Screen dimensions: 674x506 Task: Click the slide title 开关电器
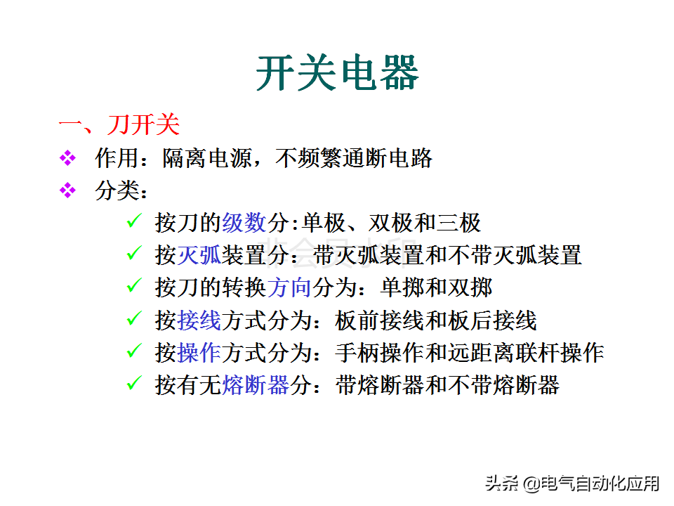click(x=338, y=72)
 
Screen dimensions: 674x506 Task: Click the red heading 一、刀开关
click(x=119, y=125)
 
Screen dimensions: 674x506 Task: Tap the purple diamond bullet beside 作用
click(x=67, y=158)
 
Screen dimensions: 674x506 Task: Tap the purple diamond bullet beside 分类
click(x=67, y=190)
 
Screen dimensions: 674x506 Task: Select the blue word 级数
click(x=244, y=223)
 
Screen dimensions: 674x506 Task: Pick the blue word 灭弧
click(x=199, y=255)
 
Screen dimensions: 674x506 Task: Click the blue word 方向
click(x=289, y=287)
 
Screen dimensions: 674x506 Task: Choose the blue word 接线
click(x=199, y=320)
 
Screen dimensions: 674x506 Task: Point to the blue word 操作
click(x=199, y=353)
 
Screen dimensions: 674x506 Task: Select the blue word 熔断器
click(x=256, y=385)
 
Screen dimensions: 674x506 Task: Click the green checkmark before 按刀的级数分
click(x=134, y=221)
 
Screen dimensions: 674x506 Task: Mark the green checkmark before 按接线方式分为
click(x=134, y=318)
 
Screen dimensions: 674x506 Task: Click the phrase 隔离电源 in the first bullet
click(x=207, y=158)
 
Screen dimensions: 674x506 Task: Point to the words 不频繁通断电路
click(x=354, y=158)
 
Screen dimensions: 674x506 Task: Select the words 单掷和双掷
click(x=436, y=287)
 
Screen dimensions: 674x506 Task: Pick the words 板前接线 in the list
click(x=380, y=320)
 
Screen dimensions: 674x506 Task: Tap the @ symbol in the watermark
click(x=531, y=484)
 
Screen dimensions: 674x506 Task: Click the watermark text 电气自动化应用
click(x=600, y=484)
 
